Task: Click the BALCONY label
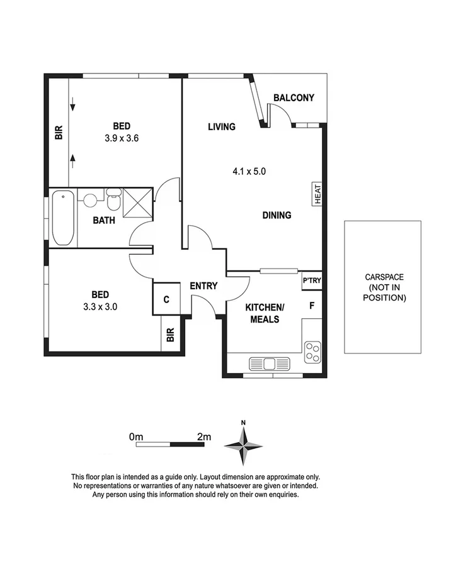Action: point(294,97)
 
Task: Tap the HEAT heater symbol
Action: point(317,192)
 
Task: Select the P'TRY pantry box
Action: point(312,281)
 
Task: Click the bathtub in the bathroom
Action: point(62,218)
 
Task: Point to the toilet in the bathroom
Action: point(113,201)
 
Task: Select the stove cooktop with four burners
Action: point(312,352)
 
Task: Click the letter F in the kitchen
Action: point(311,306)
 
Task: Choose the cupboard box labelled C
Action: point(166,299)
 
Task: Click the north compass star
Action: point(243,445)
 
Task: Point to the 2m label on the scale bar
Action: point(203,436)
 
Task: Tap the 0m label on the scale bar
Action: point(136,436)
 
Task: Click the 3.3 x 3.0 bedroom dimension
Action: point(100,308)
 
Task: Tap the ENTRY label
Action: point(203,286)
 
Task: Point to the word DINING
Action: point(277,215)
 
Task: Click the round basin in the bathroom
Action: point(90,201)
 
